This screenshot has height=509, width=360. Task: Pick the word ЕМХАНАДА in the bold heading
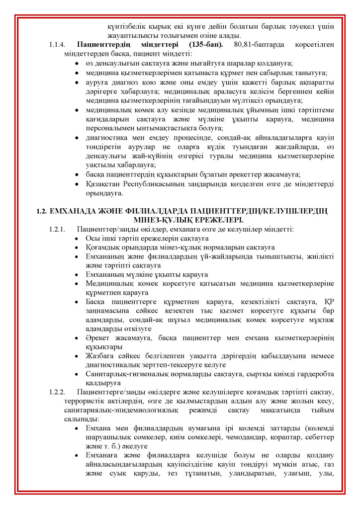pyautogui.click(x=73, y=211)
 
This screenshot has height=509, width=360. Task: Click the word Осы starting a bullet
pyautogui.click(x=92, y=239)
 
